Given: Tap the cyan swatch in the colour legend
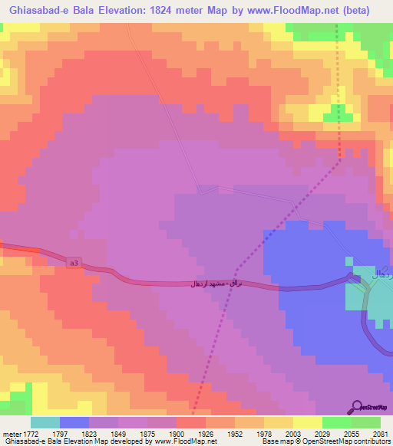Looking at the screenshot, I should coord(45,422).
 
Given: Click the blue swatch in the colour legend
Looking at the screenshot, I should coord(74,422).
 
